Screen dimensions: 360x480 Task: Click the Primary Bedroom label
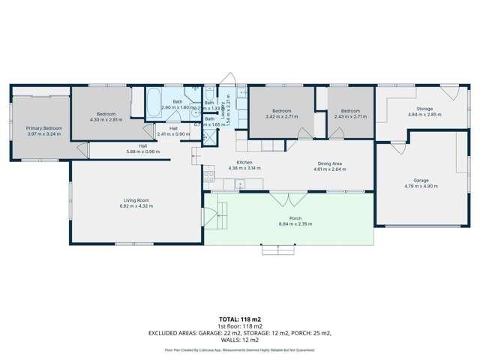44,128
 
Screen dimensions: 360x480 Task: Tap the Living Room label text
137,200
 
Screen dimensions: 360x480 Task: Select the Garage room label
415,181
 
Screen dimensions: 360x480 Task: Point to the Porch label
289,218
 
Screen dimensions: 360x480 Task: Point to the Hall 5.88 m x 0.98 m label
142,150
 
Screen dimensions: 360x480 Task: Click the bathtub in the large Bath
153,98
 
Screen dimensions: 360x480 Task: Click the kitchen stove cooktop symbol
208,178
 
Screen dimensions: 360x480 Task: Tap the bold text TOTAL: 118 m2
239,319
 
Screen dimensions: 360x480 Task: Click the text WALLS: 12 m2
239,342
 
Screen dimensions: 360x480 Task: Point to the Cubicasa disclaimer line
239,350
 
